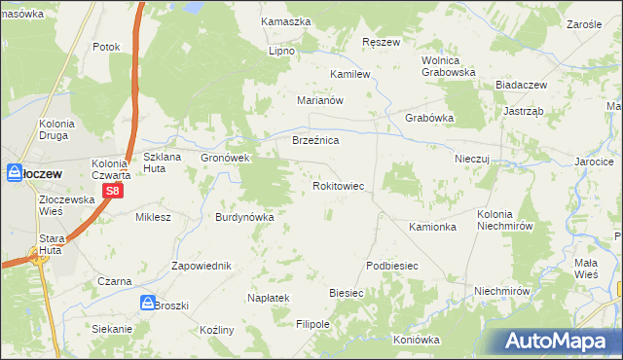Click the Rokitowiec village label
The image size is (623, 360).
(x=338, y=185)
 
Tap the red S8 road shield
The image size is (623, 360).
(x=113, y=192)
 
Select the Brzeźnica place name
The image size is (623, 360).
(x=315, y=141)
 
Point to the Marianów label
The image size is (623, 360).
(x=321, y=100)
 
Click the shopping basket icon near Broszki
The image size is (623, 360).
(x=146, y=303)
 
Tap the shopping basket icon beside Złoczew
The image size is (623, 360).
(x=14, y=172)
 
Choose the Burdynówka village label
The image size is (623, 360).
(x=244, y=217)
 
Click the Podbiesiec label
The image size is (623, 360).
(x=391, y=266)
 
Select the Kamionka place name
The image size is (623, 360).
(x=433, y=228)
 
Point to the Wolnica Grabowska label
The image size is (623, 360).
(x=447, y=65)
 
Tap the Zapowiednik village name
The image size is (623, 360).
(x=201, y=266)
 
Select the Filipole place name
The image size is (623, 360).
(x=313, y=323)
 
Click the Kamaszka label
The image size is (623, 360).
(x=286, y=20)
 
